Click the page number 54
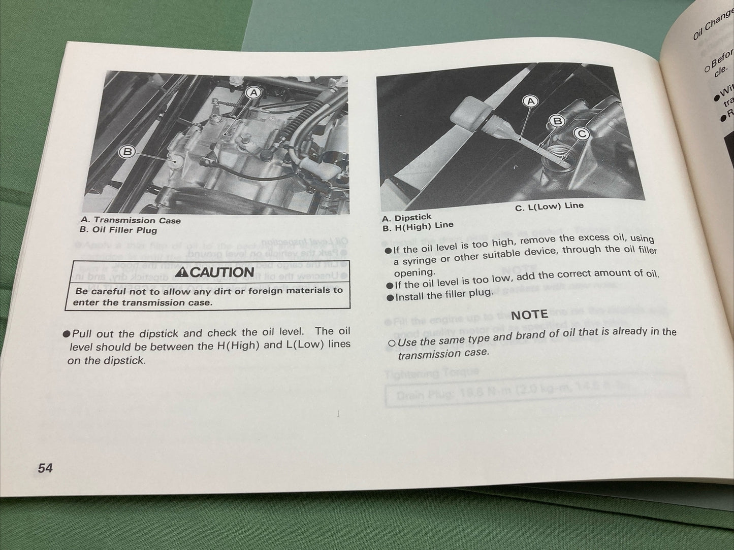pos(45,467)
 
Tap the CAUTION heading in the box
pos(215,272)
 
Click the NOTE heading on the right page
pos(529,315)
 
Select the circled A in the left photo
pos(254,92)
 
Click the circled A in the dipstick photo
pos(530,101)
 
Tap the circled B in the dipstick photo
pos(558,121)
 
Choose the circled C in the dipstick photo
pos(581,133)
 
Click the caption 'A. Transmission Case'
pos(130,220)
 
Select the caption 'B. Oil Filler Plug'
pos(118,230)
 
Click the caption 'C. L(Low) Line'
pos(549,207)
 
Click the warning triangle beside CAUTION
pos(181,273)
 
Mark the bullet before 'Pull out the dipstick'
pos(67,334)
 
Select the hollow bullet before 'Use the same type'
pos(391,343)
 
